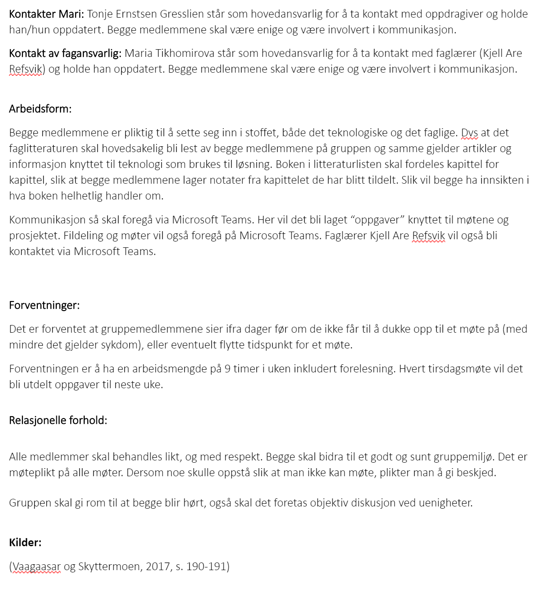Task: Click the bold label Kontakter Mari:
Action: pos(46,14)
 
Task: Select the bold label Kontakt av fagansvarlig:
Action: pos(65,53)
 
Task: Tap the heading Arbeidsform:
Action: pos(40,109)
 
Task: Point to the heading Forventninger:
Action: pos(44,305)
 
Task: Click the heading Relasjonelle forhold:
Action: pos(58,420)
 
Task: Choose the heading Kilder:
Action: pos(25,542)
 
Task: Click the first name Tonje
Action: pos(100,14)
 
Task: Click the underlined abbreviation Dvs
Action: pos(470,133)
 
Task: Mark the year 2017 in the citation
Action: pos(158,567)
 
